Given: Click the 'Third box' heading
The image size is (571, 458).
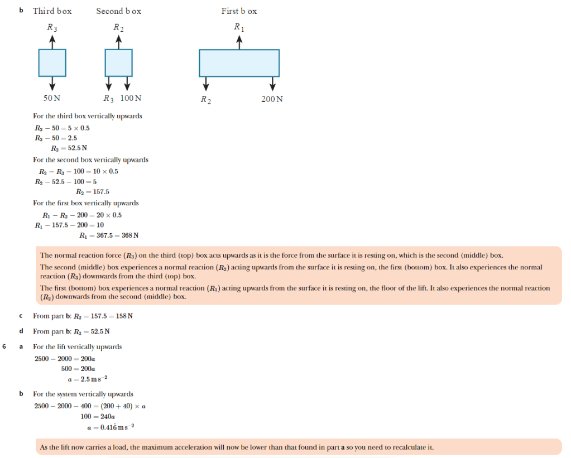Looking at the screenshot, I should coord(52,11).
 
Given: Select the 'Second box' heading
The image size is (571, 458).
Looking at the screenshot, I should coord(118,11).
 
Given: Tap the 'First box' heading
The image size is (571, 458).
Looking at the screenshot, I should coord(239,11).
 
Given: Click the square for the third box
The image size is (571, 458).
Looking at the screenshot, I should coord(52,62).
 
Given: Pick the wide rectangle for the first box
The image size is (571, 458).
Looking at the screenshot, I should coord(239,63).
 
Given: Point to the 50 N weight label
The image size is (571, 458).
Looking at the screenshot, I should coord(52,98).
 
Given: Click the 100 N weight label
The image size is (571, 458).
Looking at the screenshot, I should coord(131,98).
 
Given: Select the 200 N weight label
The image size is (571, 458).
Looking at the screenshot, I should coord(272,99).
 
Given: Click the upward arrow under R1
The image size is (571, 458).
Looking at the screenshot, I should coord(239,42).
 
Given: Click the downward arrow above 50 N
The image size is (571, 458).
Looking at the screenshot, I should coord(52,83).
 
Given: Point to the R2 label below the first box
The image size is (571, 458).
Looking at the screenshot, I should coord(205,100).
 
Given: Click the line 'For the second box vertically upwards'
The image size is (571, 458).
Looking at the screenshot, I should coord(90,160).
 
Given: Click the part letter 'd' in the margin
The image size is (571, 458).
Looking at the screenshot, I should coord(21,331).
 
